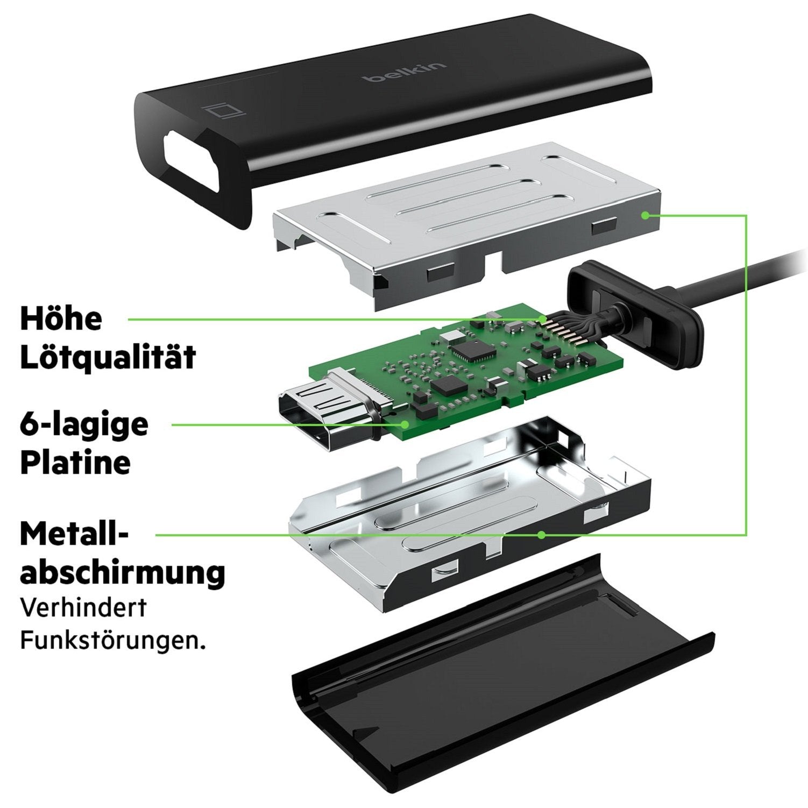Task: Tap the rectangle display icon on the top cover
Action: tap(225, 112)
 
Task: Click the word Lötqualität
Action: tap(108, 356)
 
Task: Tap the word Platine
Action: tap(75, 463)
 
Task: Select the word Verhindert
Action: tap(83, 608)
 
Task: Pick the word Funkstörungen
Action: tap(113, 641)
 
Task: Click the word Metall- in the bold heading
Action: tap(74, 535)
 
